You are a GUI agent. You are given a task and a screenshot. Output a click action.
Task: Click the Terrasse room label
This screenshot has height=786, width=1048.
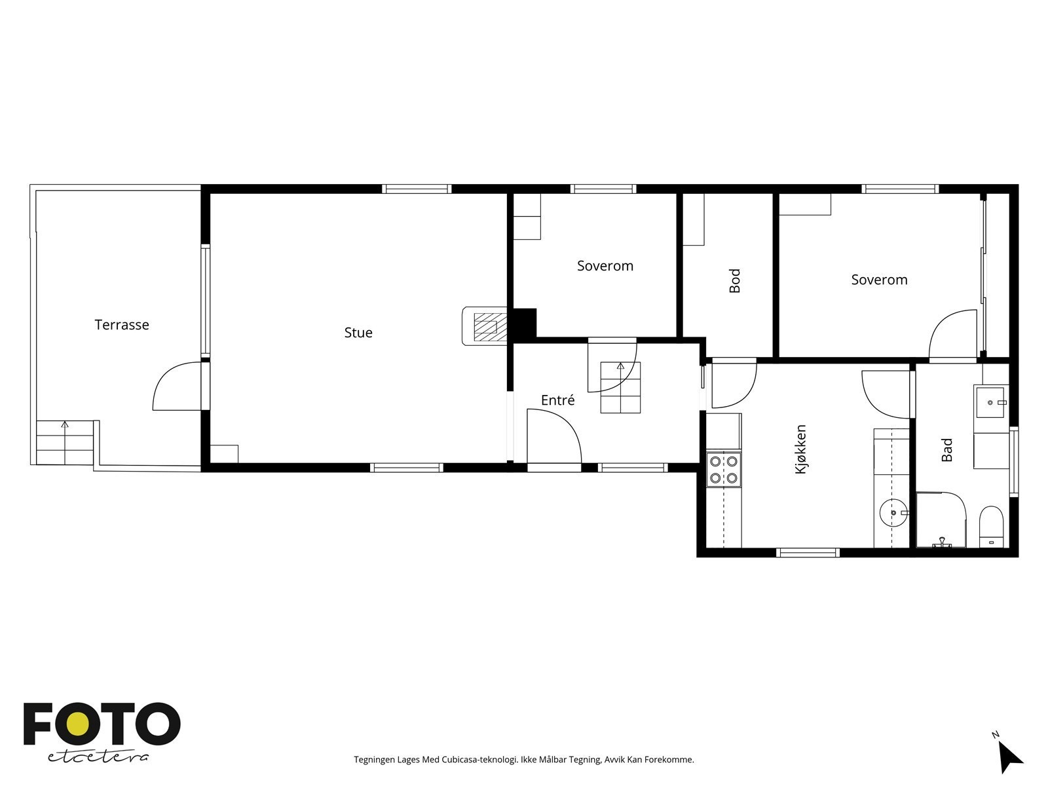[x=122, y=325]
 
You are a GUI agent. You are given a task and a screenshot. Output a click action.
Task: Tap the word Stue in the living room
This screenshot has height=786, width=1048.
[x=358, y=333]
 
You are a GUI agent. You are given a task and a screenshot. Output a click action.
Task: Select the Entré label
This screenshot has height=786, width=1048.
[x=557, y=400]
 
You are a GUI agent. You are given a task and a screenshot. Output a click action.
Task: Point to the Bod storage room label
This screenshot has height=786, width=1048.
[x=735, y=280]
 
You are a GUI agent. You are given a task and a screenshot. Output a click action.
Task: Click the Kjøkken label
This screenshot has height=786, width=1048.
[x=800, y=449]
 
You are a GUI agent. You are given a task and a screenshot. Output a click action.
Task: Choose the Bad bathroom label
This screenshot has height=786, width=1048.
[x=947, y=450]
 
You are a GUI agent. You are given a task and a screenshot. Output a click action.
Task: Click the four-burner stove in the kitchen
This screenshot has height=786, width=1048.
[x=723, y=470]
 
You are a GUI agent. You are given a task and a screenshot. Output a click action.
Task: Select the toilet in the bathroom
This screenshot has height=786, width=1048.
[x=991, y=525]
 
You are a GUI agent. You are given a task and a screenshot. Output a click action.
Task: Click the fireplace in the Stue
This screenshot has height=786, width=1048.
[x=485, y=326]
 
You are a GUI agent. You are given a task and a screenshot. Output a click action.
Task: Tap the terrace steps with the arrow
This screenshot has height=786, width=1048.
[x=65, y=443]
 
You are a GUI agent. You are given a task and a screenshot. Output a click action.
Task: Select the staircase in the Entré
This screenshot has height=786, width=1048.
[x=620, y=387]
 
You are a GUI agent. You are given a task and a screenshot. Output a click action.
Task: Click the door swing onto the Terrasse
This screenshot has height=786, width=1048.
[x=176, y=387]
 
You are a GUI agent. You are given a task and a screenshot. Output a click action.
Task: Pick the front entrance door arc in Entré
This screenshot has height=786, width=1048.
[x=554, y=436]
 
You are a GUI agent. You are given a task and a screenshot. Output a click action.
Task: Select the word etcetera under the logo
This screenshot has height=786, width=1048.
[x=98, y=757]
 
